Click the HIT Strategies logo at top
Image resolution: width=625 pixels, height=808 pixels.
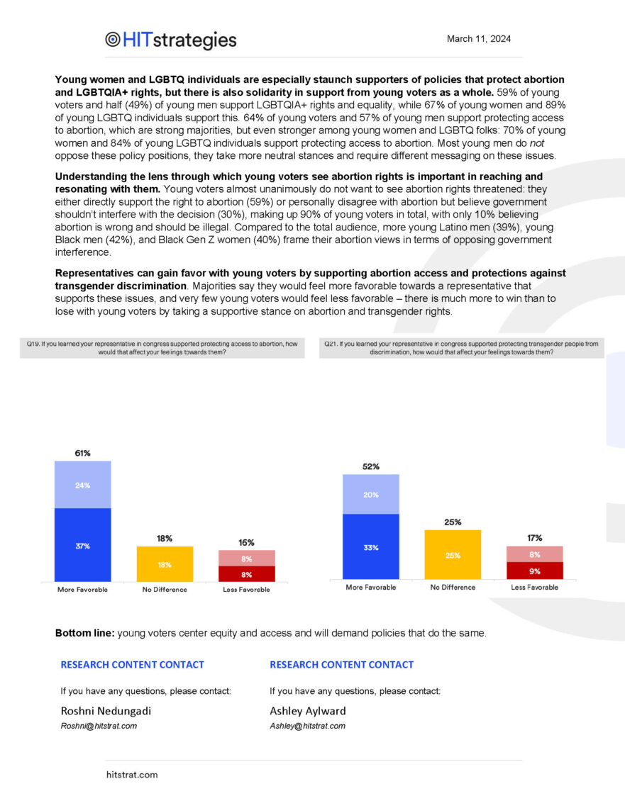(170, 40)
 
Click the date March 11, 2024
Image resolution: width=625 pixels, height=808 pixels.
(478, 39)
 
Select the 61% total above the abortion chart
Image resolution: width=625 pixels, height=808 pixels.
(82, 453)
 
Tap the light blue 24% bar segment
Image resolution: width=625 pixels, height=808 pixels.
(82, 485)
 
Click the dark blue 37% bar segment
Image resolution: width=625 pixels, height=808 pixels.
(82, 545)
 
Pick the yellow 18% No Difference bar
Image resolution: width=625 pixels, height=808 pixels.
(164, 564)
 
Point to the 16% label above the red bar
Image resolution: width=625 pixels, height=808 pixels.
(246, 542)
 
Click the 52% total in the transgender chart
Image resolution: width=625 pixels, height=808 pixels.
(370, 466)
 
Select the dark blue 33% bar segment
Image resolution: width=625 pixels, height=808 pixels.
(370, 547)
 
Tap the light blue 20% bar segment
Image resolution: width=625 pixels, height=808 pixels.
(370, 495)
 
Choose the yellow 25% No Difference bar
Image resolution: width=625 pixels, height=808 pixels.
(453, 555)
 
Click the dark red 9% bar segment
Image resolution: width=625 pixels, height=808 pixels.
(534, 571)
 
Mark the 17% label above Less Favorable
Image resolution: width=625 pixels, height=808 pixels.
(534, 538)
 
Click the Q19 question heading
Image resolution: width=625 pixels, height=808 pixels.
(162, 347)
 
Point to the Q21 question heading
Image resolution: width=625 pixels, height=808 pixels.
(461, 347)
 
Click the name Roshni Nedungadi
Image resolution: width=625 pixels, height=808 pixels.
(106, 711)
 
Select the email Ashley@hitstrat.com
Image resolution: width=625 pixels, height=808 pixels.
(307, 726)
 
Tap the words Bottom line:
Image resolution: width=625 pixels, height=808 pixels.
(84, 633)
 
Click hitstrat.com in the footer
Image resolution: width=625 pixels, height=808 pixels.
(132, 775)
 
